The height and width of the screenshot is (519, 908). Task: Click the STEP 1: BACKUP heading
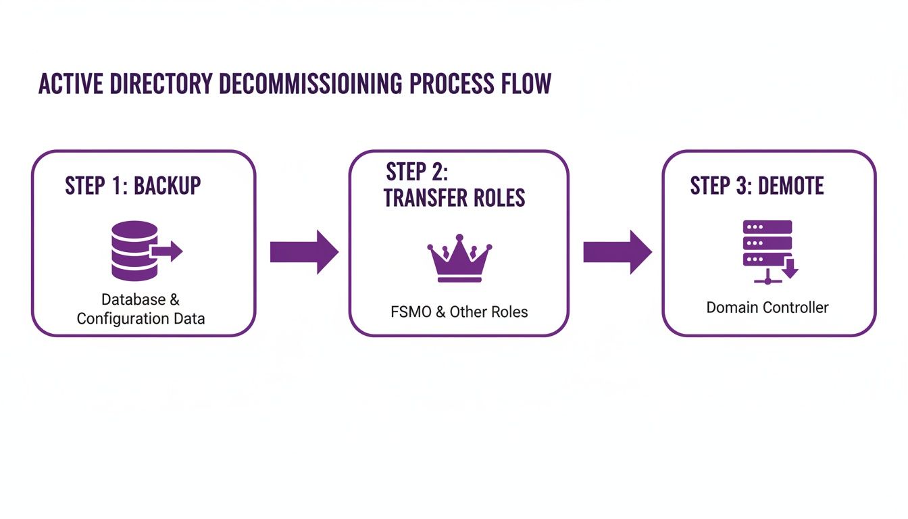[133, 185]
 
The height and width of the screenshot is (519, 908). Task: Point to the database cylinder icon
[134, 251]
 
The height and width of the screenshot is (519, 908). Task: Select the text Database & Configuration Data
[141, 309]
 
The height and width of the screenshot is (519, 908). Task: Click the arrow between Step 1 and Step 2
[303, 252]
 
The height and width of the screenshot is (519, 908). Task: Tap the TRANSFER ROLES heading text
[454, 197]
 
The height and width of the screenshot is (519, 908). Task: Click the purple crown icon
[459, 259]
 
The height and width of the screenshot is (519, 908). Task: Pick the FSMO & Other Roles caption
[459, 312]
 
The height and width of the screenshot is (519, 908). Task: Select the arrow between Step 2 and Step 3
[617, 252]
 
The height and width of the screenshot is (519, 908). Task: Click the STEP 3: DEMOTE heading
[757, 185]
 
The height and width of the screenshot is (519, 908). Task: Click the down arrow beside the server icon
[790, 270]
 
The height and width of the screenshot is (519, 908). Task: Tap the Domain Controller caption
[767, 307]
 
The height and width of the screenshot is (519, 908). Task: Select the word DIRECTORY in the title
[165, 83]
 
